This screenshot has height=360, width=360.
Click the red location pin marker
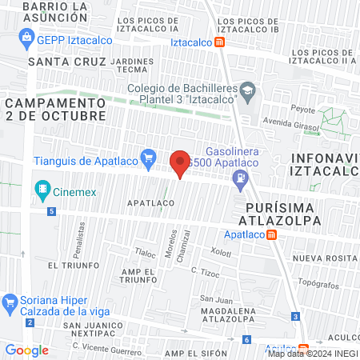[x=180, y=163]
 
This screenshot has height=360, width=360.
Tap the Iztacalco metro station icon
[x=220, y=42]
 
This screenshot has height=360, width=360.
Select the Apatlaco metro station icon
[x=273, y=235]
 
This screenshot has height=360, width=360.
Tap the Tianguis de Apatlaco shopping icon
[x=147, y=158]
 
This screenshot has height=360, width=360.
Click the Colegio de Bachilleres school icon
[x=248, y=90]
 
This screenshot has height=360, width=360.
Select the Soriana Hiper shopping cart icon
[x=10, y=303]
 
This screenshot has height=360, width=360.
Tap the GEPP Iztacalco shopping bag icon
[x=28, y=36]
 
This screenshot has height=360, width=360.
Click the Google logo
[x=27, y=350]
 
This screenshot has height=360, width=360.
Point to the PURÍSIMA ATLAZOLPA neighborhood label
[x=279, y=212]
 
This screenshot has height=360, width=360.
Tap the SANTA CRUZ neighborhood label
[x=66, y=61]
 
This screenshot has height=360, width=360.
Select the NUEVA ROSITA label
[x=322, y=258]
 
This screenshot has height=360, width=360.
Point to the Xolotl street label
[x=221, y=251]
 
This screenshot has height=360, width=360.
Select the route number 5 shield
[x=52, y=211]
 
